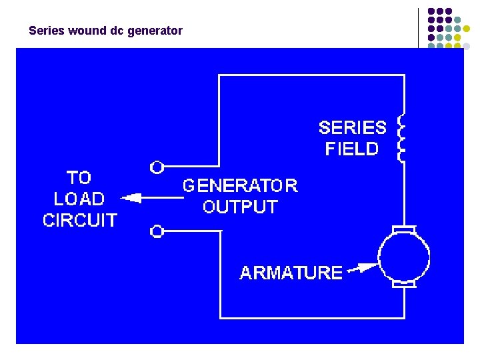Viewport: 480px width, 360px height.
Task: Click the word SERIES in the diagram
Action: click(x=352, y=127)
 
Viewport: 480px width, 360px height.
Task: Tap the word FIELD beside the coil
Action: click(x=351, y=149)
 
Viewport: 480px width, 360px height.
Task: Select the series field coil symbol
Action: click(x=401, y=138)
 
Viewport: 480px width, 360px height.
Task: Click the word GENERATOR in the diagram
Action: click(x=240, y=185)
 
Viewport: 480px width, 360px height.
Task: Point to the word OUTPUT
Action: click(x=240, y=207)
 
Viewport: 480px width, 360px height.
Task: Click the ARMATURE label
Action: click(x=291, y=273)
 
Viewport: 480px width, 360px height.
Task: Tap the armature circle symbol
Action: click(x=403, y=257)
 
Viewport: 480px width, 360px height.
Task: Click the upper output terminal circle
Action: click(x=157, y=166)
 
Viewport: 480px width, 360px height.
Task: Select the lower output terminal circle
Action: click(x=157, y=231)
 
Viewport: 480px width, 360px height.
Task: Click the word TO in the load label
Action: click(x=79, y=177)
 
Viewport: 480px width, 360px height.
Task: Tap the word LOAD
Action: click(x=79, y=199)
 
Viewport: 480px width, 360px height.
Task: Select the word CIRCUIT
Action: click(x=79, y=220)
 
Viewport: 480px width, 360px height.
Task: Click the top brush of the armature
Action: click(x=403, y=230)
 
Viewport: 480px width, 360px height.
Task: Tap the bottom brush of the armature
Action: click(x=403, y=285)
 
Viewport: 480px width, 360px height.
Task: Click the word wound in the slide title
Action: click(x=85, y=31)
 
